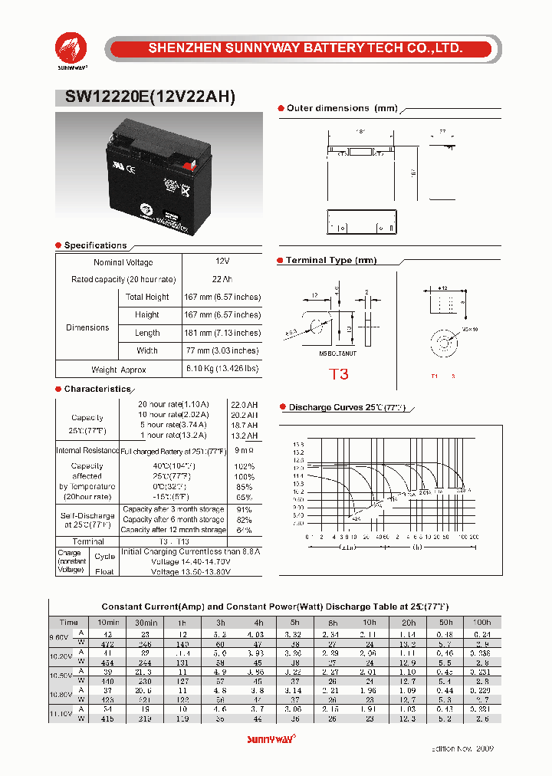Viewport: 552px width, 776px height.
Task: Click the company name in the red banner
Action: (x=304, y=48)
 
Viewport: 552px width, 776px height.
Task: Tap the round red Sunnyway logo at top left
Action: (x=71, y=47)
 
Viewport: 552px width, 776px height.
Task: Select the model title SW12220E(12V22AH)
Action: (x=145, y=97)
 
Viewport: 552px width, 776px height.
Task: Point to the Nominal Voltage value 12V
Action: (x=223, y=262)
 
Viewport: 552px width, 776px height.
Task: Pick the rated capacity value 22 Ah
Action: (x=223, y=279)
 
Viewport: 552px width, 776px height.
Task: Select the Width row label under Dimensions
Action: (x=147, y=351)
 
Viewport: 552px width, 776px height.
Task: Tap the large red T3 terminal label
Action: (x=339, y=374)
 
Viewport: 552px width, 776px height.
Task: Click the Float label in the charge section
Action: (x=104, y=571)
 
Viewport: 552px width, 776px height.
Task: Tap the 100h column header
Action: (x=482, y=623)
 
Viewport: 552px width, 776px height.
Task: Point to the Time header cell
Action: (x=68, y=623)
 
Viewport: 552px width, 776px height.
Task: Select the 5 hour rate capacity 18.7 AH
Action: (x=245, y=425)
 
